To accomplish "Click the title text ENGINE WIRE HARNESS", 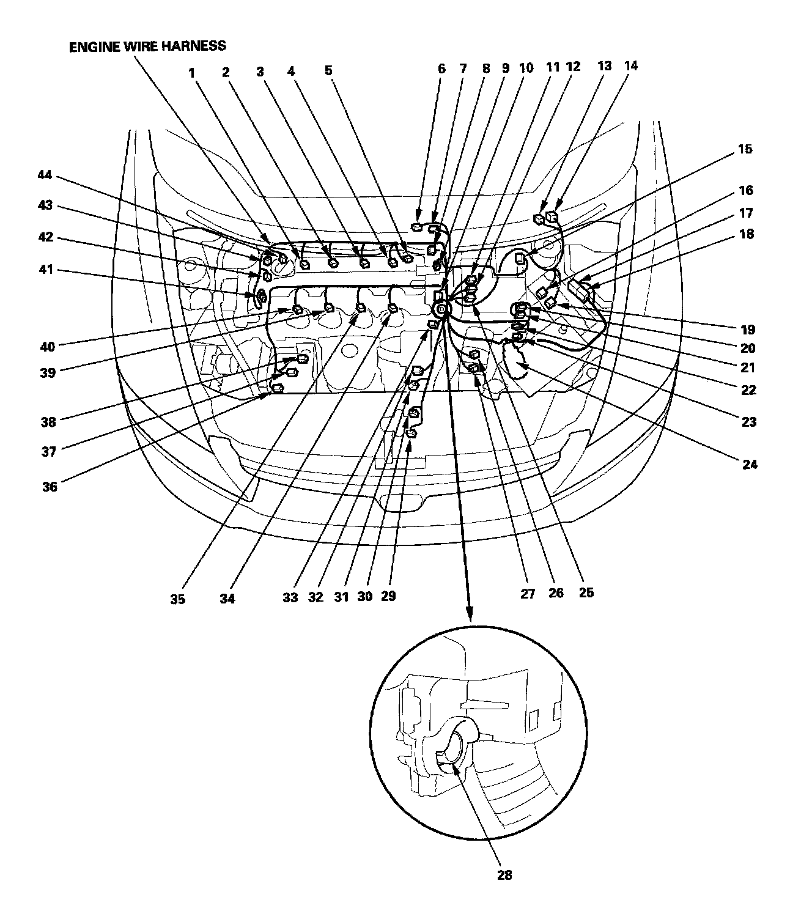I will (x=147, y=46).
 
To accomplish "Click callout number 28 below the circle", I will (x=504, y=875).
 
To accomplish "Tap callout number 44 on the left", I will (x=46, y=176).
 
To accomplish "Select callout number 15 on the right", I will (x=745, y=149).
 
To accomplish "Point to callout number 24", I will (x=750, y=465).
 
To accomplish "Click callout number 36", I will (x=50, y=487).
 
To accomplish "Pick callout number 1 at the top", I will (x=192, y=72).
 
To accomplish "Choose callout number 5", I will (x=328, y=70).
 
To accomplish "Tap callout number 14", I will (x=631, y=65).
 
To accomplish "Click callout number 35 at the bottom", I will (x=177, y=599).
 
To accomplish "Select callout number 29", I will (x=388, y=596).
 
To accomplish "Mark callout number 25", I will (x=586, y=592).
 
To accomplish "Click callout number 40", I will (x=47, y=347).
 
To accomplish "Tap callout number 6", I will (x=441, y=69).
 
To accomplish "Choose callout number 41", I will (x=47, y=269).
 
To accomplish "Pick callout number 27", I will (x=528, y=593).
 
